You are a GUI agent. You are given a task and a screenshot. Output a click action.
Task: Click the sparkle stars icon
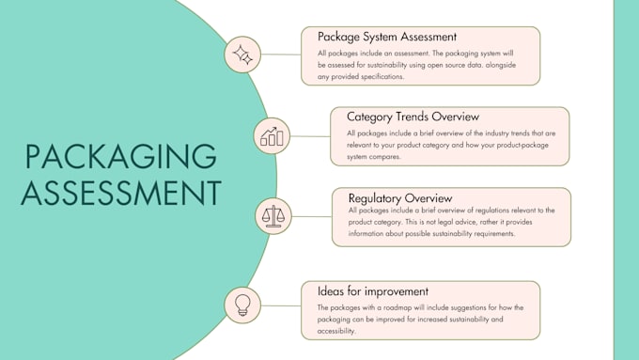pos(243,55)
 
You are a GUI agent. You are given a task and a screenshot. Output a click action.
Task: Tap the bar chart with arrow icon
pos(272,136)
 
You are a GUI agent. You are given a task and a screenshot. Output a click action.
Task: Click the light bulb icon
pos(242,305)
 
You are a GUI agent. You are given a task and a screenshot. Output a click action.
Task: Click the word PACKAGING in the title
pos(119,157)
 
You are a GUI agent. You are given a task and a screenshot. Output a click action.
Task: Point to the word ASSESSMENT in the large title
pos(120,192)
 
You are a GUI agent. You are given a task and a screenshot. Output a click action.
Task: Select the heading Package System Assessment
pos(387,37)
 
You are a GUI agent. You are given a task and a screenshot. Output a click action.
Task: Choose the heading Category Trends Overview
pos(413,117)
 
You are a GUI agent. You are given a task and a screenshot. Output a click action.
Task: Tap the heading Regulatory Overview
pos(400,198)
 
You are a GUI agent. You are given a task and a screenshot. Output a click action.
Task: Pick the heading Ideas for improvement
pos(373,291)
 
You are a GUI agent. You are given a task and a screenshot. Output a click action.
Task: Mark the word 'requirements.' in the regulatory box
pos(487,234)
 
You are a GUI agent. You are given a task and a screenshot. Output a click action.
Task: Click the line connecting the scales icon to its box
pos(311,216)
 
